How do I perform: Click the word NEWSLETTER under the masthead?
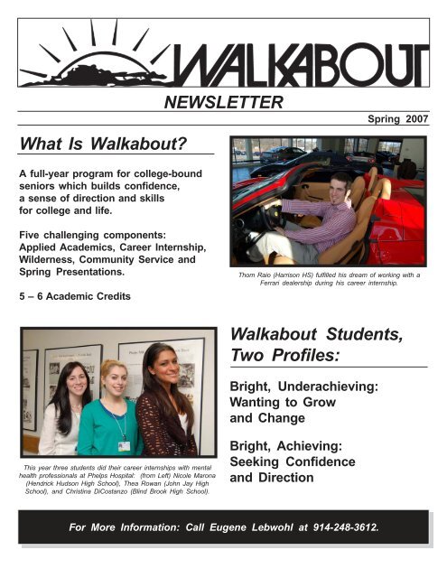pos(224,103)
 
